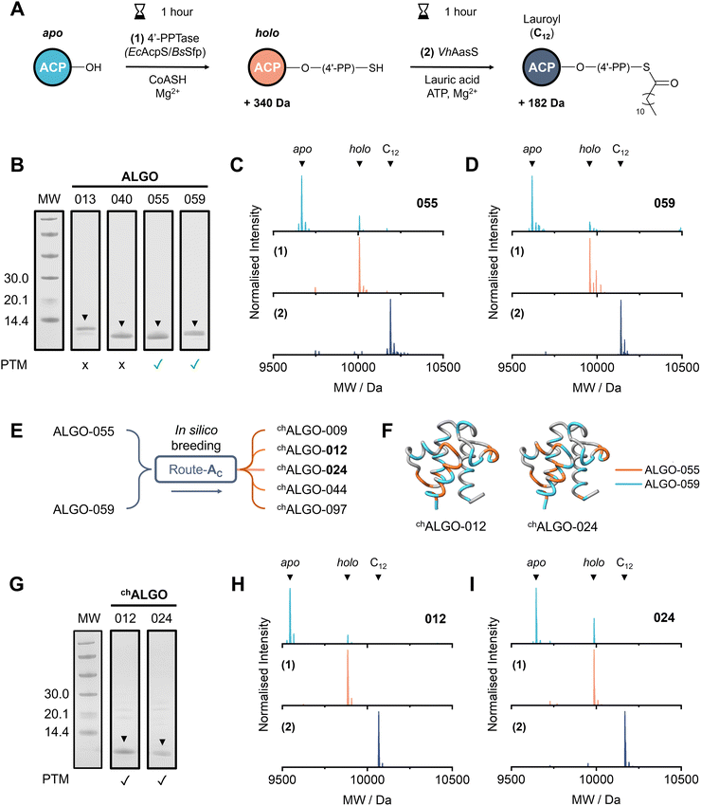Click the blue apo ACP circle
(x=53, y=67)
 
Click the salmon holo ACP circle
(x=267, y=67)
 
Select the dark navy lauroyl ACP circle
(x=541, y=67)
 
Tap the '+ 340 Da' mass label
(x=266, y=102)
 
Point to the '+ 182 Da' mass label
(x=541, y=102)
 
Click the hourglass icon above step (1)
(x=139, y=11)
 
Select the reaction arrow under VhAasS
(x=452, y=66)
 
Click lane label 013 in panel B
(x=84, y=199)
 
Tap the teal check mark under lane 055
(x=157, y=364)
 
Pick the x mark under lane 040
(x=121, y=365)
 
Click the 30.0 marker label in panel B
(x=16, y=279)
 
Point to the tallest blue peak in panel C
(x=301, y=203)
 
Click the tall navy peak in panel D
(x=620, y=327)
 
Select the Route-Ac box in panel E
(x=196, y=469)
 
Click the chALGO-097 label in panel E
(x=312, y=509)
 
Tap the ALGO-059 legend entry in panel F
(x=657, y=485)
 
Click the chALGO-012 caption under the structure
(x=451, y=526)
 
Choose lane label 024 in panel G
(x=161, y=618)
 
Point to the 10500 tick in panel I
(x=681, y=779)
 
